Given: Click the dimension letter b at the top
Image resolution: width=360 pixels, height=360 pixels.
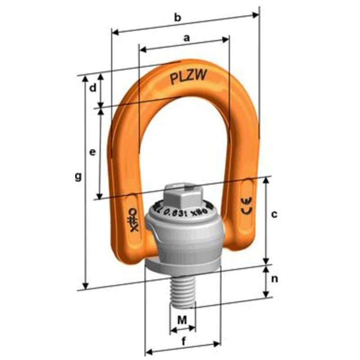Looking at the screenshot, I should tap(177, 18).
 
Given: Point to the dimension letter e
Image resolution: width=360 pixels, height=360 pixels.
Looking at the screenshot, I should tap(92, 153).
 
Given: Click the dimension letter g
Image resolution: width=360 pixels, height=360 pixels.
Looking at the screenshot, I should tap(78, 177).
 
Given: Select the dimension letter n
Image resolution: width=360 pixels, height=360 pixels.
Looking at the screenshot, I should tap(274, 279).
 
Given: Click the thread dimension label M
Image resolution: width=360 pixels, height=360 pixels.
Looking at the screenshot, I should tap(182, 320).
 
